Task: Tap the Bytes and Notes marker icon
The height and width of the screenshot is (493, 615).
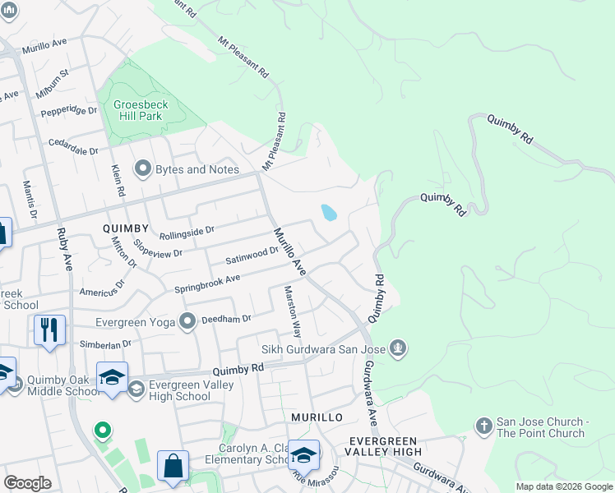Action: tap(143, 169)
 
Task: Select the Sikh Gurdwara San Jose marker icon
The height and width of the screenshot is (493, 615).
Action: tap(399, 348)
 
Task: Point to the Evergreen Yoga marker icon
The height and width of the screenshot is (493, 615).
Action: tap(187, 321)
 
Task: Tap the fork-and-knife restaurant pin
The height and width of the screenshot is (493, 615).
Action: tap(49, 329)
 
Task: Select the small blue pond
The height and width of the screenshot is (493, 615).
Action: tap(329, 213)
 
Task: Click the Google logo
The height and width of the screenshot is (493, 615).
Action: tap(27, 483)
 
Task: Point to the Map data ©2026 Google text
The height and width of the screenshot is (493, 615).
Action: tap(563, 486)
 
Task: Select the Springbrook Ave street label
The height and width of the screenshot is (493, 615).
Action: tap(206, 283)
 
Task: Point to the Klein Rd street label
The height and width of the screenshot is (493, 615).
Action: tap(118, 179)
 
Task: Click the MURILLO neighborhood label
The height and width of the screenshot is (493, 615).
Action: tap(317, 417)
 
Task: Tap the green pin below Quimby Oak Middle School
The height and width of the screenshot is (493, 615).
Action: tap(102, 430)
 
